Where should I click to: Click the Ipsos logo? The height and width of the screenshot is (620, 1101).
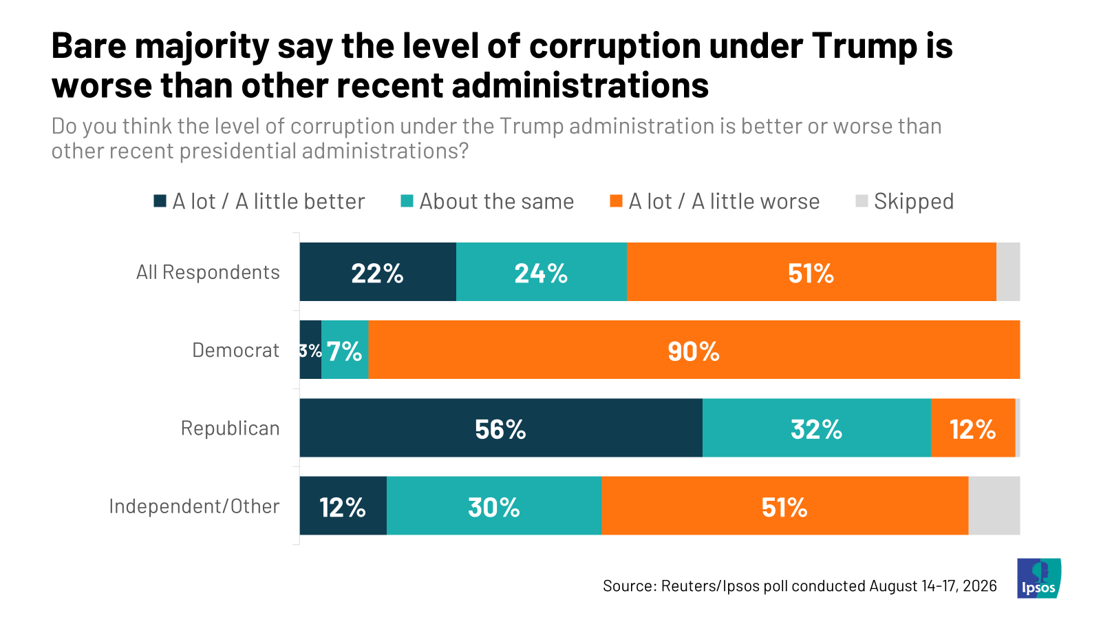click(1038, 578)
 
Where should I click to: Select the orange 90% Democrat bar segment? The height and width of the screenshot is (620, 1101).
click(694, 350)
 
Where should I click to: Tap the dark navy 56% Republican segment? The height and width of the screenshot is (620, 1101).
click(501, 428)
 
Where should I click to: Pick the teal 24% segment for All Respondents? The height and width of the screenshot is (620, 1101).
click(541, 271)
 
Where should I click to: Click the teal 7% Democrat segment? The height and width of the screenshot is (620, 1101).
click(345, 350)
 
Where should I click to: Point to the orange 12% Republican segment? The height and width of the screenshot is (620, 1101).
click(973, 428)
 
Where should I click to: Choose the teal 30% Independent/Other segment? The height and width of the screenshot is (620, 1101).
click(494, 506)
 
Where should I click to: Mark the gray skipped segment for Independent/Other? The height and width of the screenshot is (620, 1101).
click(994, 506)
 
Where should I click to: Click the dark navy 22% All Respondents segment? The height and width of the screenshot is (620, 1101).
click(378, 271)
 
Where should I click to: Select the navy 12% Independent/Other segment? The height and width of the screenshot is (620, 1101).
click(343, 506)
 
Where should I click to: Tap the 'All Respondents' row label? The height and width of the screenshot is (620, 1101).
click(208, 272)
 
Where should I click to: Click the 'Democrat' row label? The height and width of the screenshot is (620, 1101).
click(235, 351)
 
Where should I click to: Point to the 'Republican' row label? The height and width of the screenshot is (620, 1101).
click(230, 428)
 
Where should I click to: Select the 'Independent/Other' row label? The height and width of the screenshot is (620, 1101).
click(194, 506)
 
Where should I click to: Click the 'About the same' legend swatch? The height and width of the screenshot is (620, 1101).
click(407, 200)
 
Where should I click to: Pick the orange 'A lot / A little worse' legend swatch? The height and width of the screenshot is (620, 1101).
click(617, 200)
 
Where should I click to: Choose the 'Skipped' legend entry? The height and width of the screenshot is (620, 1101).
click(904, 201)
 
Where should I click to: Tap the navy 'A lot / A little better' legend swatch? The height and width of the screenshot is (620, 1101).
click(160, 200)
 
